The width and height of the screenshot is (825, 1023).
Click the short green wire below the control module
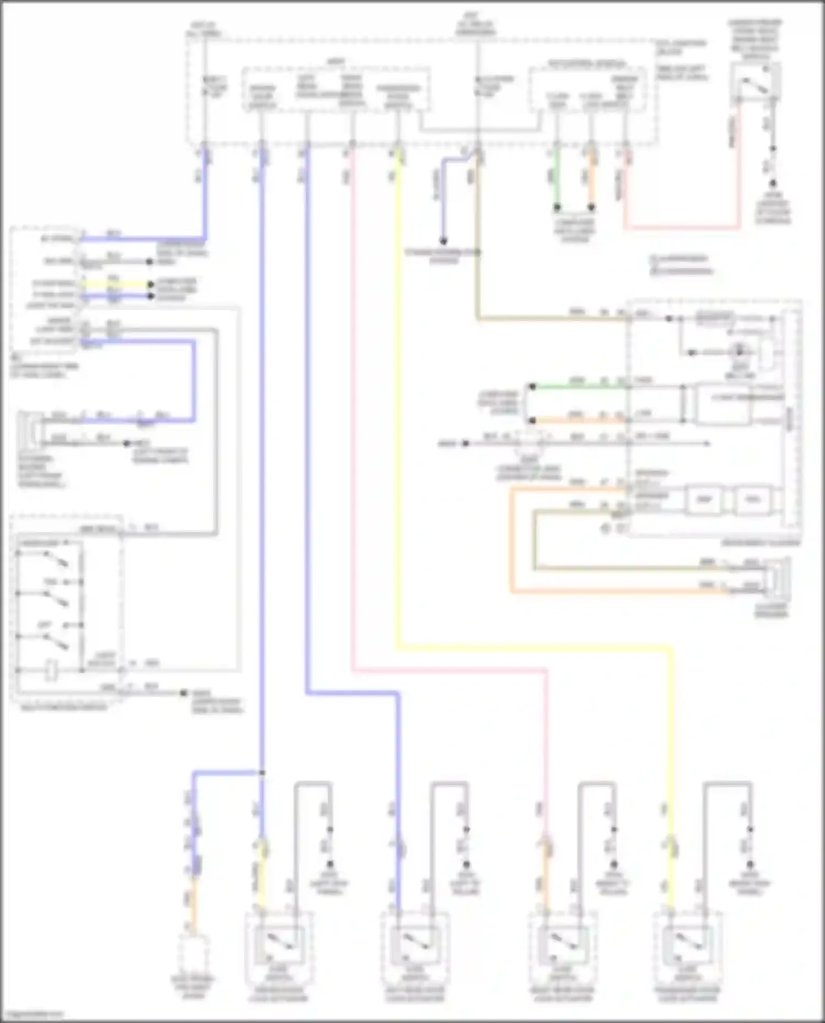coord(557,179)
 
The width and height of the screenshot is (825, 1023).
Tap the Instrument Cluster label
coord(769,543)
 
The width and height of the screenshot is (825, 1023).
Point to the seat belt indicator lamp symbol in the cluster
coord(739,351)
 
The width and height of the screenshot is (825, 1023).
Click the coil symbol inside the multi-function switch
coord(51,671)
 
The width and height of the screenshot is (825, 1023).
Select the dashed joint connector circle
coord(528,443)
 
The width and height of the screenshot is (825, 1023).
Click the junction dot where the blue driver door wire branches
coord(262,773)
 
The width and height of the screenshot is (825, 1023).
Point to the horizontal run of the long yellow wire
coord(533,649)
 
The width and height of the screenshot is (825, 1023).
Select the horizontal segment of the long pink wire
coord(448,671)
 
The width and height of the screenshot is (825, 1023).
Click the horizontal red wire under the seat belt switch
coord(682,227)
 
